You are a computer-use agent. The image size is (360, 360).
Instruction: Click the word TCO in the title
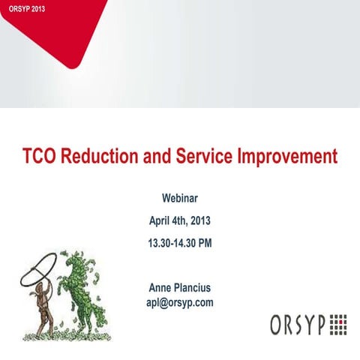coord(38,157)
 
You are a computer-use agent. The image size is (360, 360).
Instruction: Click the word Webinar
coord(180,199)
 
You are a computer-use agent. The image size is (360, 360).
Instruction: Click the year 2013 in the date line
coord(199,221)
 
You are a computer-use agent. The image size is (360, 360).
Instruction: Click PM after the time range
coord(205,244)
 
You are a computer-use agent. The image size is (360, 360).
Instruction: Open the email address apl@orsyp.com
coord(180,302)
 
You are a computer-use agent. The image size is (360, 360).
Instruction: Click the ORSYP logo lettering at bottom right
coord(298,324)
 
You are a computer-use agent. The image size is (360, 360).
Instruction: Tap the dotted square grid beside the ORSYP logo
coord(338,324)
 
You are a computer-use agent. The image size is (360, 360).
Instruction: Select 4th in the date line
coord(178,221)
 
